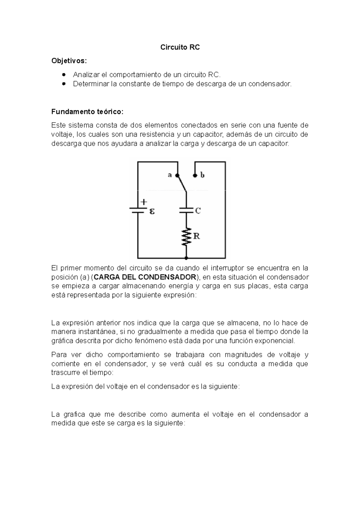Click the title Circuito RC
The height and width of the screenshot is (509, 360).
[x=180, y=47]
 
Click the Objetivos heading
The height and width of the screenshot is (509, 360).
[x=69, y=61]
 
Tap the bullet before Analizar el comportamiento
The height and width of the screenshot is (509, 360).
[x=64, y=74]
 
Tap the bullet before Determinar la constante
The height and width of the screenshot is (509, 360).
[x=64, y=84]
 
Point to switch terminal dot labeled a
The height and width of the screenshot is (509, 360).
[x=177, y=175]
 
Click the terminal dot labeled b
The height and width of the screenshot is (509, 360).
[x=195, y=175]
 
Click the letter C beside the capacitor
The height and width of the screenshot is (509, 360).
[x=198, y=211]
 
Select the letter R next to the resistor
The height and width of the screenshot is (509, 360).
[x=196, y=236]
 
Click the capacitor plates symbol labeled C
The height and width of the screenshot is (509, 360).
[x=186, y=210]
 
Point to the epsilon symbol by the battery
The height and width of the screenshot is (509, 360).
[x=152, y=211]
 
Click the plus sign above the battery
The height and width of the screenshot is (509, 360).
[x=144, y=202]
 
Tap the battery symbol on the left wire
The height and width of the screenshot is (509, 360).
[x=138, y=210]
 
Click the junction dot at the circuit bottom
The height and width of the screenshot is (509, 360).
[x=186, y=258]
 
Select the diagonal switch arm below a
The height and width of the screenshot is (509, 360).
[x=182, y=183]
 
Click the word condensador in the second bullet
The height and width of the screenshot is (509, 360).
[x=271, y=84]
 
